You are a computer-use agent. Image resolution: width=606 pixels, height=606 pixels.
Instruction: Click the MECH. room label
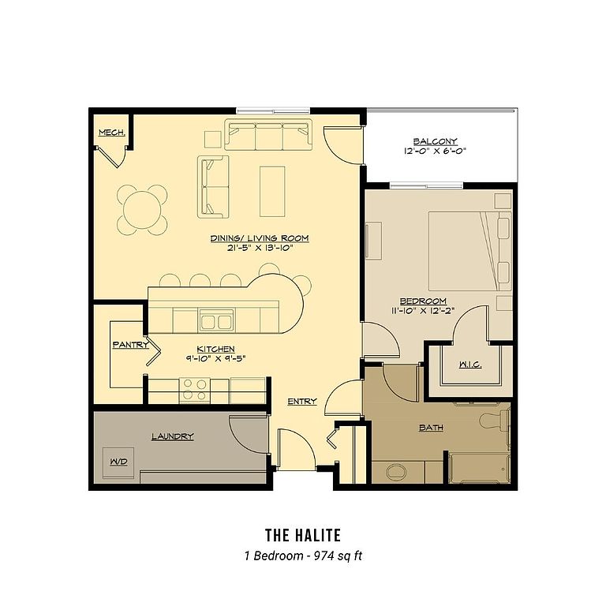112,133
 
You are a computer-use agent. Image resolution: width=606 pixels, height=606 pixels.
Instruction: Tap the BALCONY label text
436,141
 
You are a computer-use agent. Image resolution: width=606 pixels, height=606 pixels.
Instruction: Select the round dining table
142,210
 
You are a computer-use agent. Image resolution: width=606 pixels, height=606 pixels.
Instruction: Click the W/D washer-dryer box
118,462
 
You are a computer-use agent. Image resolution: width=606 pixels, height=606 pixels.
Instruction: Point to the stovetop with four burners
195,390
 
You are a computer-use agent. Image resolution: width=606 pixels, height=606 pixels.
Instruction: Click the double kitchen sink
216,322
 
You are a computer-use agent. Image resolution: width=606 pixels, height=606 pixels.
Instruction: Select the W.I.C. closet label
470,365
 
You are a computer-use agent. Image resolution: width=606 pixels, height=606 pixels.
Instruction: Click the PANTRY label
131,344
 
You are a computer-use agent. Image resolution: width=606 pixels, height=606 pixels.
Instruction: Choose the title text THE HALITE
303,535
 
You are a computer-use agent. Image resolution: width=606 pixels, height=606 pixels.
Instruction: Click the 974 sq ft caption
338,555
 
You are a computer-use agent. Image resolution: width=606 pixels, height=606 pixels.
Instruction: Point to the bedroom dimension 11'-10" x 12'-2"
423,310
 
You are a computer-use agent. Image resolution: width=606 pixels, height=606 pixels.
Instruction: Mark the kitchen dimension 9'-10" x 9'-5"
215,358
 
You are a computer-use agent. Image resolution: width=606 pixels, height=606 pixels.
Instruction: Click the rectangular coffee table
272,191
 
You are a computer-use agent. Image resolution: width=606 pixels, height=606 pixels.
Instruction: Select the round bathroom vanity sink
396,473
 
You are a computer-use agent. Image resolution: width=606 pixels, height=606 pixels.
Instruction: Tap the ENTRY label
302,402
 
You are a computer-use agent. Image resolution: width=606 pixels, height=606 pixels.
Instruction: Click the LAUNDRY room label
172,436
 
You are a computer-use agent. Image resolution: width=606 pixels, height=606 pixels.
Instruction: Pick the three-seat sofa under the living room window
268,134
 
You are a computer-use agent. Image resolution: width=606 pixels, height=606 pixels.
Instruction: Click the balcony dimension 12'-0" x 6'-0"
436,151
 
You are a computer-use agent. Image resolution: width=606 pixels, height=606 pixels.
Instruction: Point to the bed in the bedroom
470,251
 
